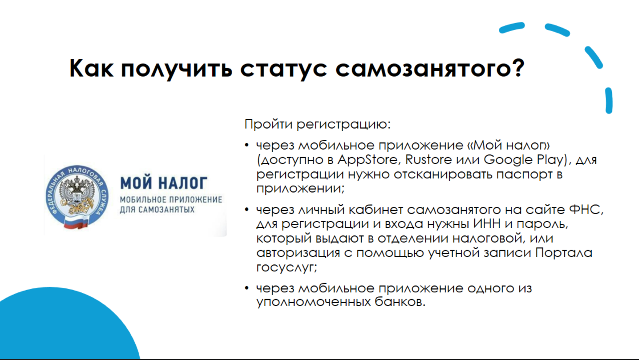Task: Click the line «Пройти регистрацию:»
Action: click(x=317, y=124)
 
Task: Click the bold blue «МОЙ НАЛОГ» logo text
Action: click(x=164, y=182)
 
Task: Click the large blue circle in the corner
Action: click(x=62, y=329)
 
